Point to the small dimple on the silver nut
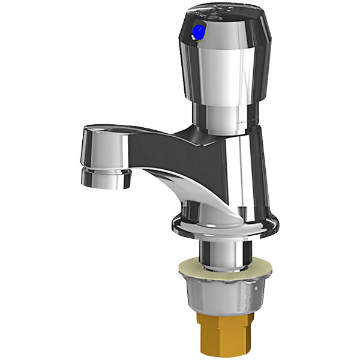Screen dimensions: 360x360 click(207, 292)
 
